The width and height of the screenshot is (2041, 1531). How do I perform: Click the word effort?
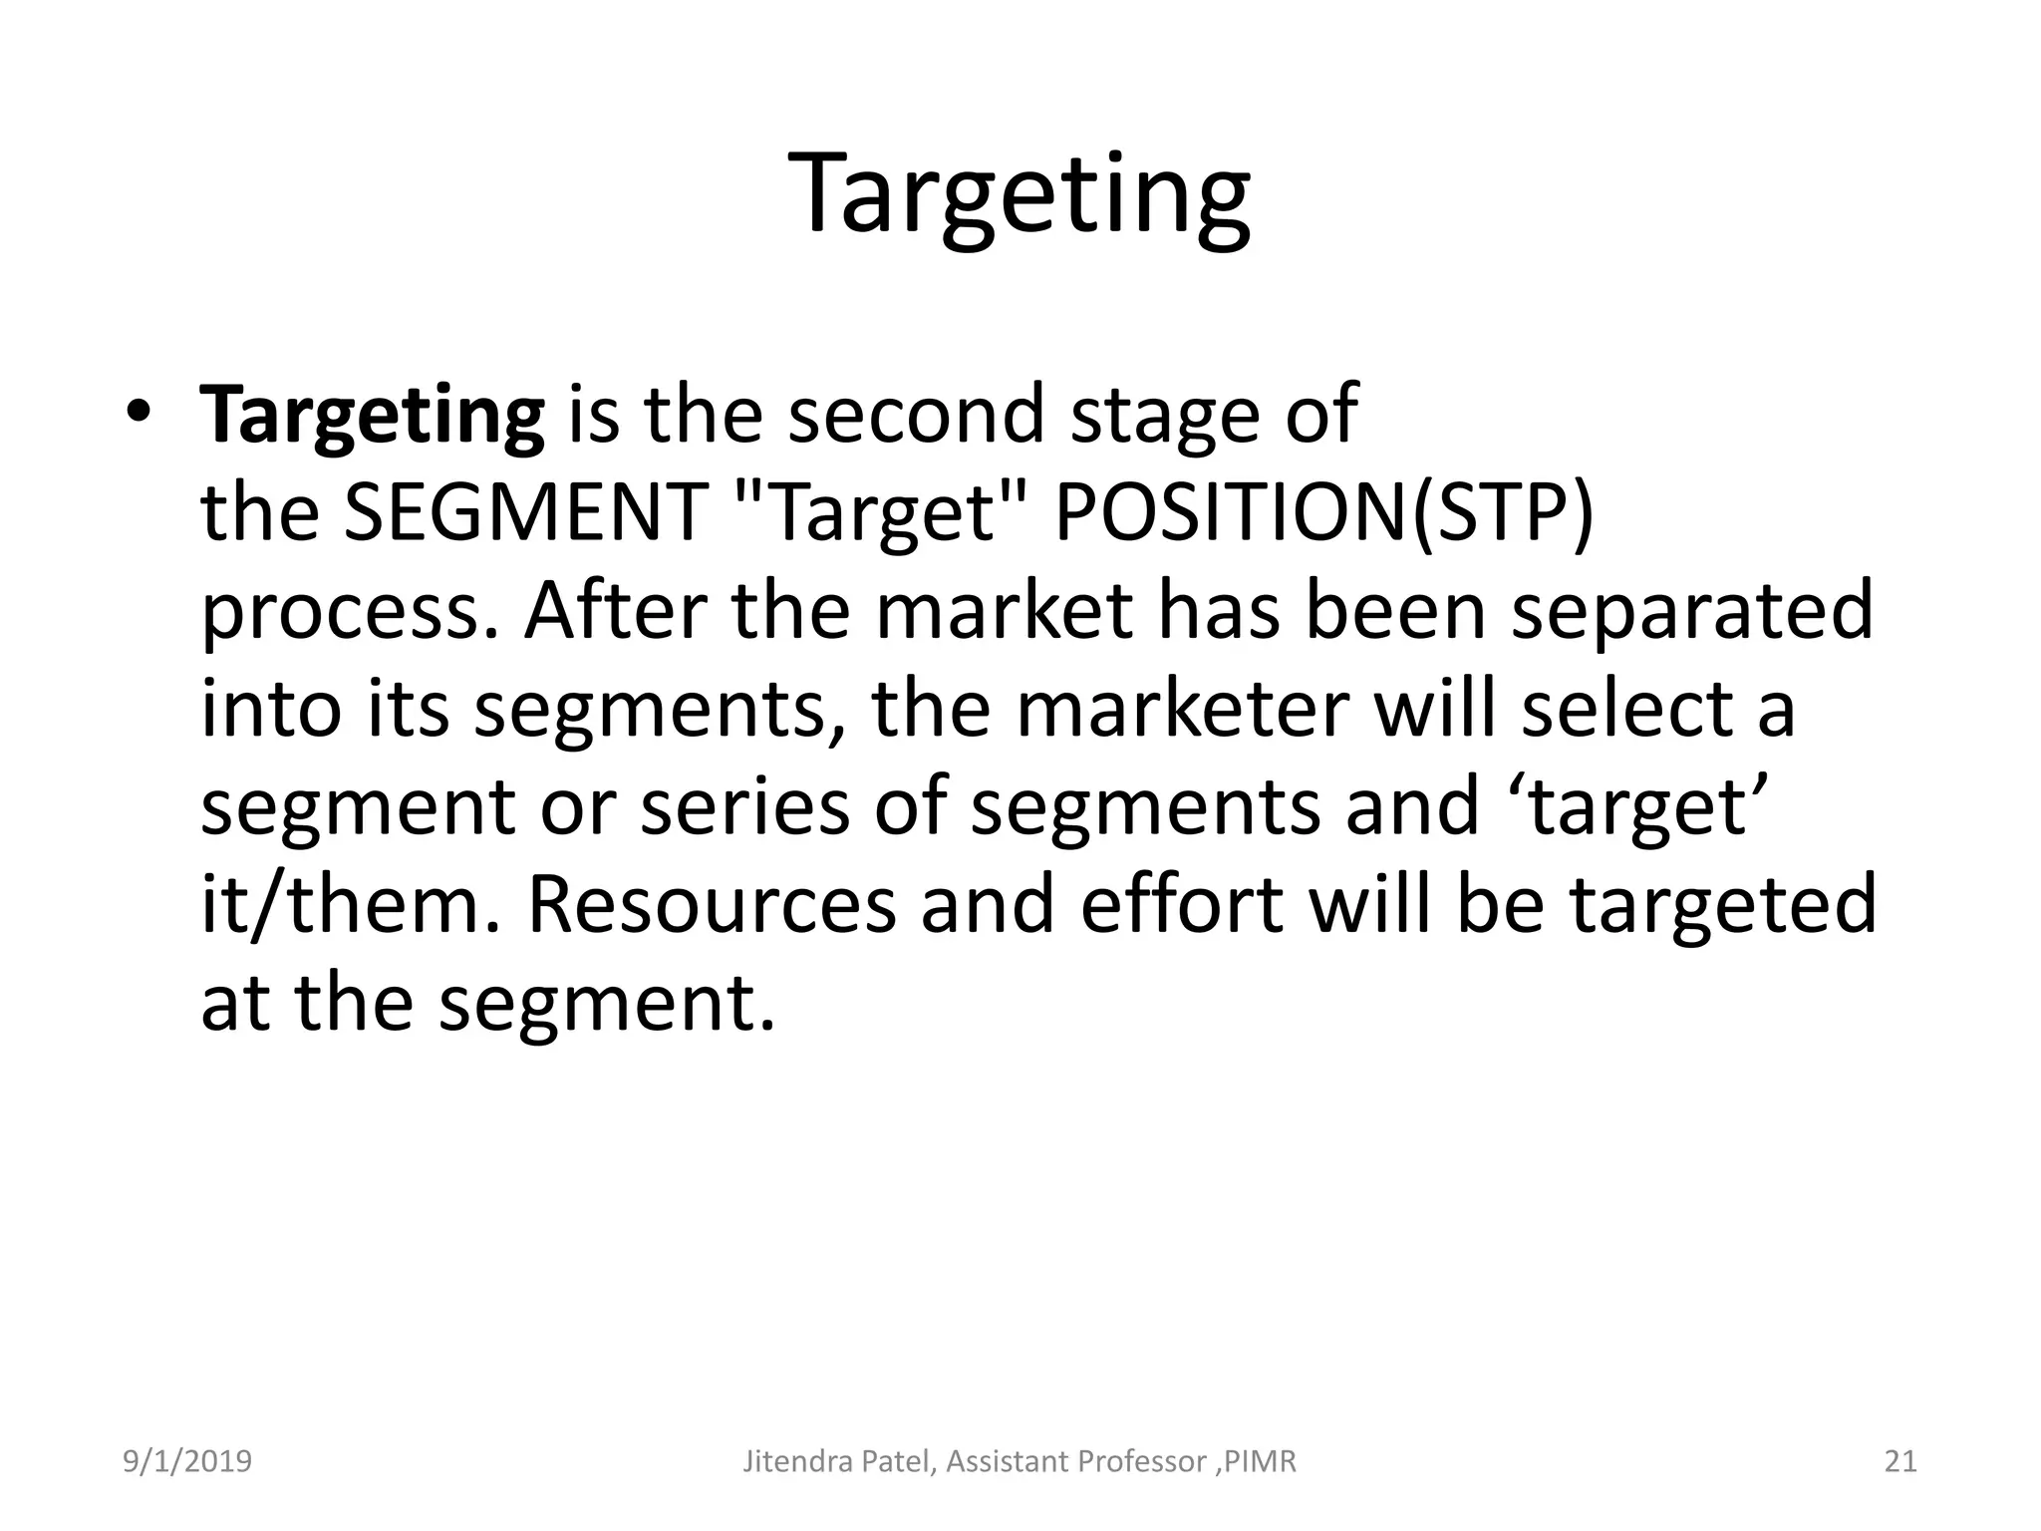[1182, 904]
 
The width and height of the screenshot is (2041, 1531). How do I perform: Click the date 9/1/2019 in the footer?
[186, 1461]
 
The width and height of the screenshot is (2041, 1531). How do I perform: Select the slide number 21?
[1900, 1461]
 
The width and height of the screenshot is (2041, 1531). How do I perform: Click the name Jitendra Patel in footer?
[838, 1461]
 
